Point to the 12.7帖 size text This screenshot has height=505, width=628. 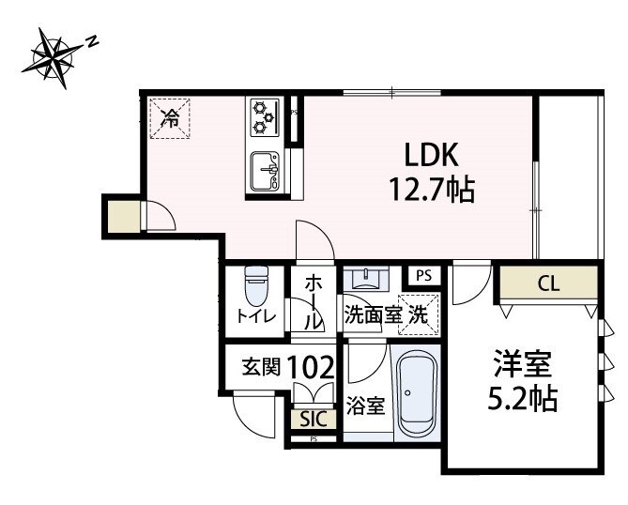click(x=431, y=191)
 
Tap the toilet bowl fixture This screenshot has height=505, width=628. click(x=255, y=282)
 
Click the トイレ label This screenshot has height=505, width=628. click(x=255, y=316)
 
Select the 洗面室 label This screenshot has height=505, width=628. click(x=373, y=316)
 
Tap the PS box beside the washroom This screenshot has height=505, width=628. click(x=423, y=276)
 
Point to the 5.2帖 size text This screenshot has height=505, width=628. click(x=523, y=401)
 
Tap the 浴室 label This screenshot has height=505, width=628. click(x=364, y=406)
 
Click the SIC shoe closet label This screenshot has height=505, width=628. click(x=313, y=420)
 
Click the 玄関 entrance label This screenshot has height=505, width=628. click(x=262, y=367)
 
